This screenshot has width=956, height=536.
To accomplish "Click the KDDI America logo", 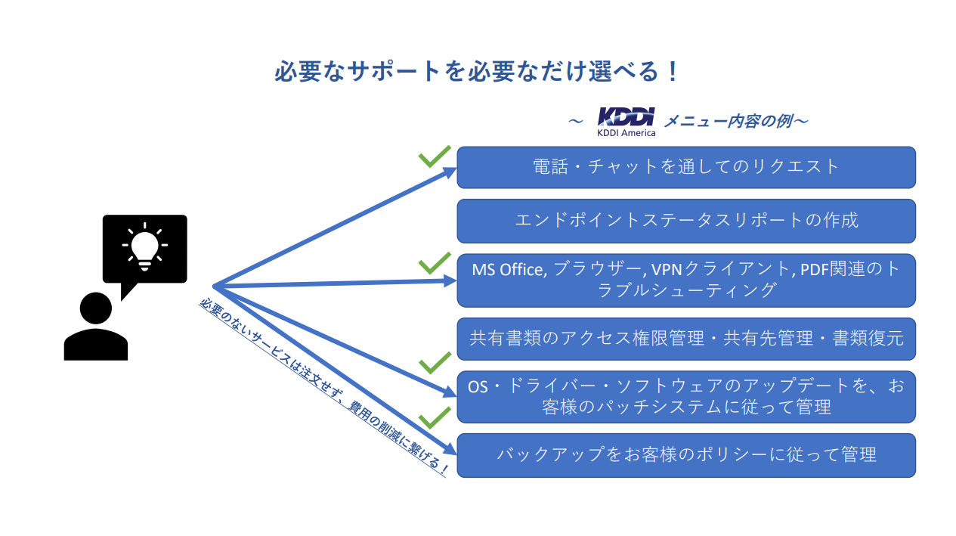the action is pos(627,122).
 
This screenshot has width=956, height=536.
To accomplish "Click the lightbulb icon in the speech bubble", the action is pos(144,246).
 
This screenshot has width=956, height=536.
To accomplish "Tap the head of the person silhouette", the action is pos(95,308).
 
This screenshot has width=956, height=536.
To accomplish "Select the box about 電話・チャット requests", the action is pos(686,167).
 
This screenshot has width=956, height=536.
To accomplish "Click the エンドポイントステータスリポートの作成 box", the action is pos(686,221).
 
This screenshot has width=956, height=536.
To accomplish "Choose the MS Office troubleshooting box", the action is pos(686,280).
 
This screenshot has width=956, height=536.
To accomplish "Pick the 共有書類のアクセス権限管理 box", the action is pos(686,339).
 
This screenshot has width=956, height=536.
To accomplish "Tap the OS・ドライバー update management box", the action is pos(686,397).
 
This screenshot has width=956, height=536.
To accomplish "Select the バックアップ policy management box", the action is pos(686,455).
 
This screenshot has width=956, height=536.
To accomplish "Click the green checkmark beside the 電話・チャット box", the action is pos(435,156).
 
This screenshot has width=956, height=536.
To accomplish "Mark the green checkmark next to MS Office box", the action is pos(435,264).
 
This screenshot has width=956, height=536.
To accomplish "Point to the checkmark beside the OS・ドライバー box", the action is pos(435,363).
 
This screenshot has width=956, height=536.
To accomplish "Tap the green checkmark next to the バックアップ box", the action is pos(435,418).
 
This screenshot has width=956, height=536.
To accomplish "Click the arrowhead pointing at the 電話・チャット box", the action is pos(449,172).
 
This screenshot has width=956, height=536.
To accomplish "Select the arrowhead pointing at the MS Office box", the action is pos(450,280).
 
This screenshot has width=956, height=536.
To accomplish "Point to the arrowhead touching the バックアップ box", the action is pos(450,448).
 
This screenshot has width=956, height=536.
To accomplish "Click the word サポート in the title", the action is pos(394,71).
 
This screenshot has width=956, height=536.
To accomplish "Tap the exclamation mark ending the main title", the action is pos(673,71).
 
